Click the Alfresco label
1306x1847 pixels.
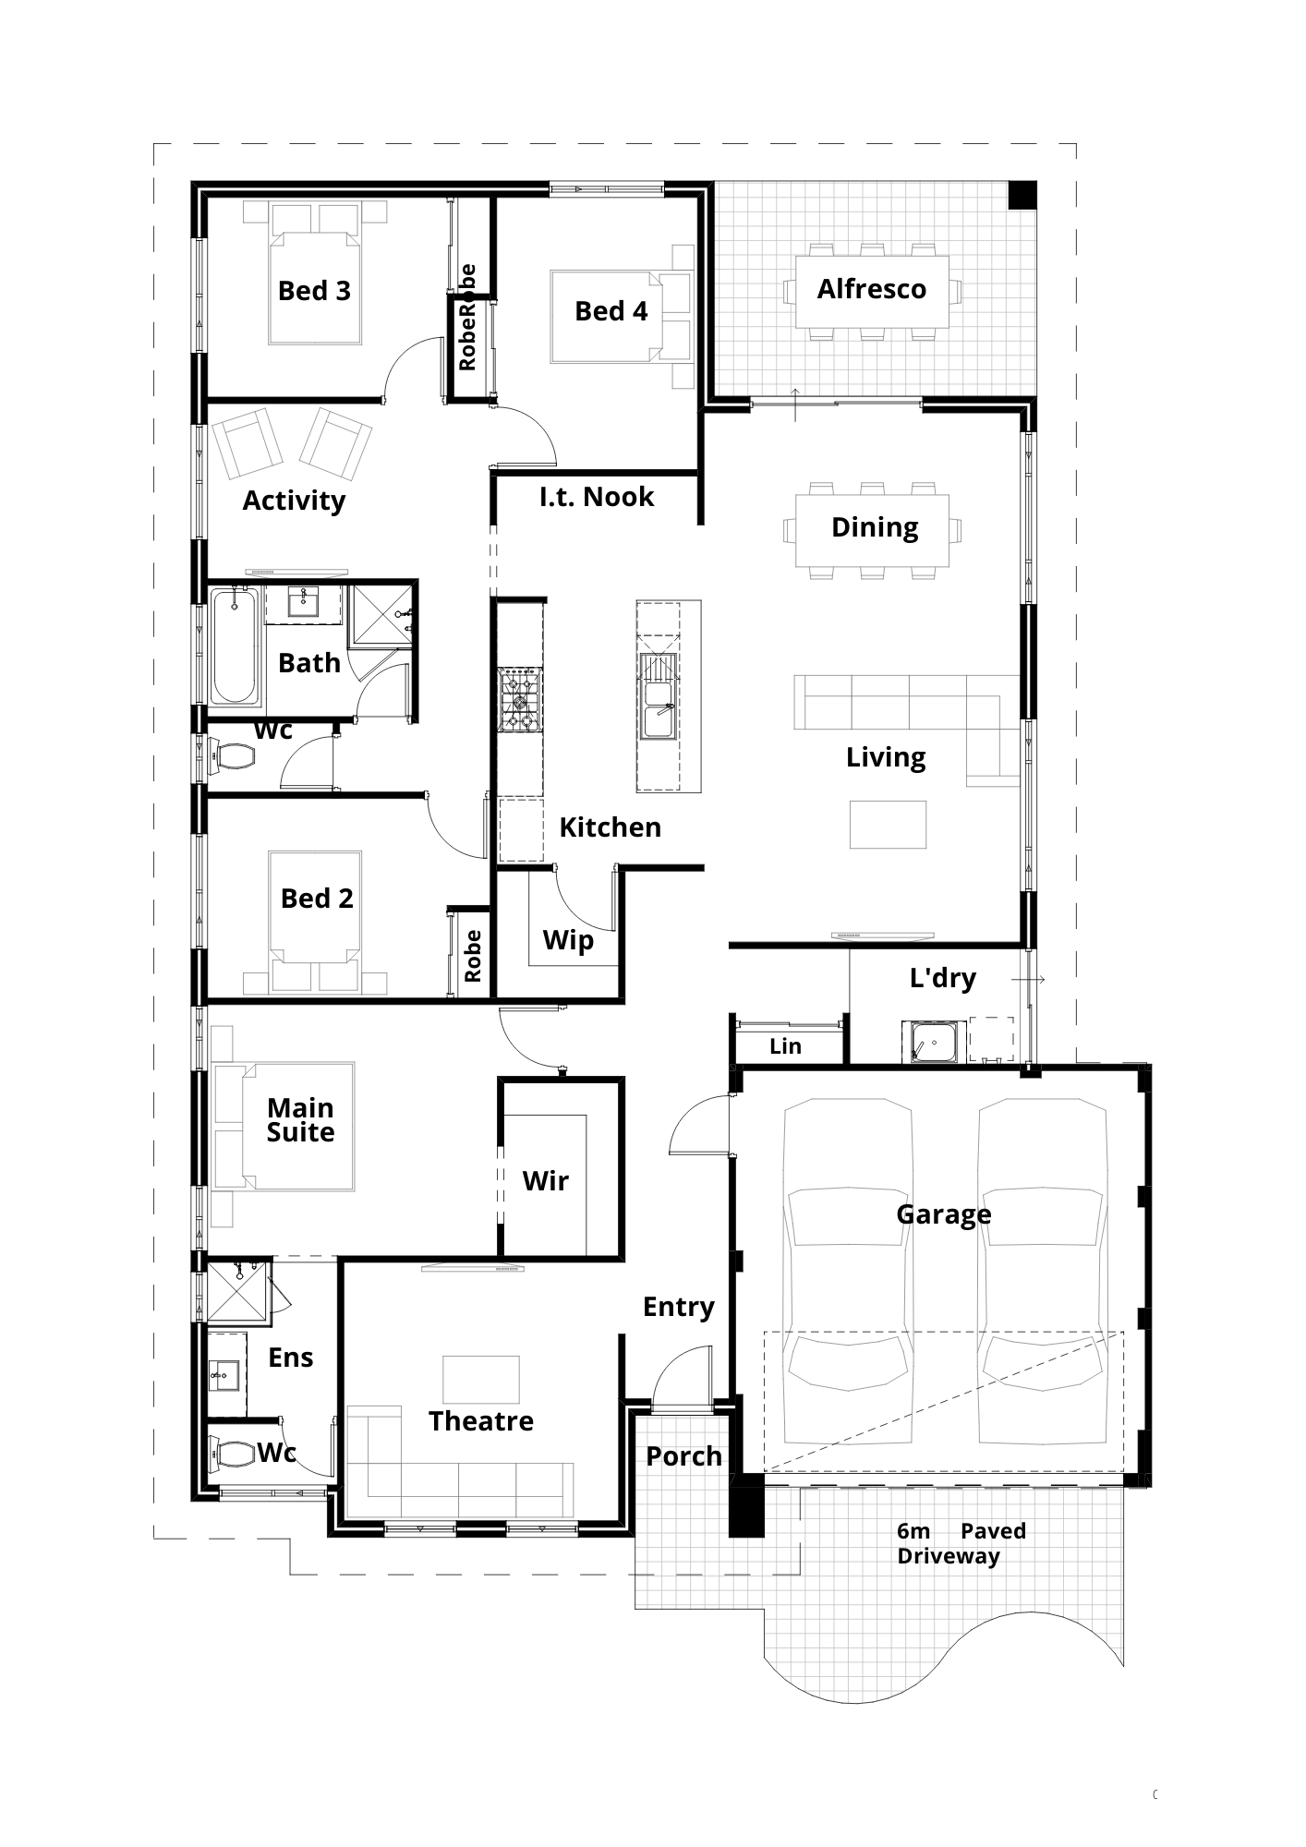pyautogui.click(x=871, y=289)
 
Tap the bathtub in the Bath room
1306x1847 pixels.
pyautogui.click(x=236, y=647)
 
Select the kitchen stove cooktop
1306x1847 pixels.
pyautogui.click(x=520, y=701)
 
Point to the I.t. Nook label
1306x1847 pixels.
pyautogui.click(x=597, y=497)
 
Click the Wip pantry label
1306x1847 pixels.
pyautogui.click(x=568, y=941)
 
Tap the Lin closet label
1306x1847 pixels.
pyautogui.click(x=785, y=1046)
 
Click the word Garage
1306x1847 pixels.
pyautogui.click(x=943, y=1214)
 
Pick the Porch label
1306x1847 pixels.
pyautogui.click(x=683, y=1456)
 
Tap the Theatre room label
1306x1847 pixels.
pyautogui.click(x=480, y=1420)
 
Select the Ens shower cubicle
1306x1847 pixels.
pyautogui.click(x=237, y=1290)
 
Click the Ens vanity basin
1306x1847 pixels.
pyautogui.click(x=223, y=1376)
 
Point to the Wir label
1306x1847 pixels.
pyautogui.click(x=545, y=1181)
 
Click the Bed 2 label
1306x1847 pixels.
pyautogui.click(x=317, y=899)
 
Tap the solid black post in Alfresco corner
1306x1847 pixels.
pyautogui.click(x=1022, y=195)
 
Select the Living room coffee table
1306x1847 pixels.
pyautogui.click(x=889, y=824)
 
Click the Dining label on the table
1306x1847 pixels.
pyautogui.click(x=875, y=528)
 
